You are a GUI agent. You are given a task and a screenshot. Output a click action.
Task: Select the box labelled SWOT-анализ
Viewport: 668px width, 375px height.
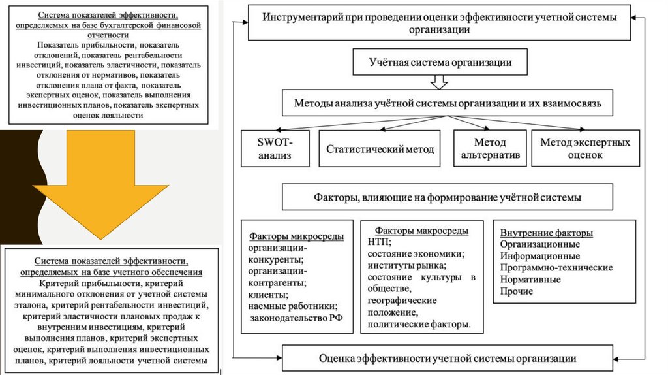(275, 148)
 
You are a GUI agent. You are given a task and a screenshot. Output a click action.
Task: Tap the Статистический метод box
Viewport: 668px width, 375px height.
(380, 148)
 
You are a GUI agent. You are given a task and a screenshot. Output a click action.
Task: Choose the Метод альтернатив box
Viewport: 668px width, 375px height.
(490, 148)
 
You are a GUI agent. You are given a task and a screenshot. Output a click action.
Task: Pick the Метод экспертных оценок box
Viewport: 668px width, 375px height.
(585, 148)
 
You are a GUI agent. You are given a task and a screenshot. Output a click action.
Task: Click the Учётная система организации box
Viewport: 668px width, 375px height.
(440, 62)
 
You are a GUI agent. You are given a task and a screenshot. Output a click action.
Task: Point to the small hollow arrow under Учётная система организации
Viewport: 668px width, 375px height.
(439, 82)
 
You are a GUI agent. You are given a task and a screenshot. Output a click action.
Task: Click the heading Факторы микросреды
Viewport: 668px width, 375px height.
(296, 236)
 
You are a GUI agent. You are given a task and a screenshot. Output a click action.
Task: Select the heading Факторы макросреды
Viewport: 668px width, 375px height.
(421, 231)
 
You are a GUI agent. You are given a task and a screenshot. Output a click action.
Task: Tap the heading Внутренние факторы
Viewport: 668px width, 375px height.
(546, 233)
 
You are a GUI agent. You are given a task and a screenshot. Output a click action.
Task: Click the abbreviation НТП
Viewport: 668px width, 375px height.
(378, 242)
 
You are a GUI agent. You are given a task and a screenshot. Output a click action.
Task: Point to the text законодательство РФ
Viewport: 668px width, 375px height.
(297, 318)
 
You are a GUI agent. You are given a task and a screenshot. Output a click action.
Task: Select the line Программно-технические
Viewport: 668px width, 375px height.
(556, 268)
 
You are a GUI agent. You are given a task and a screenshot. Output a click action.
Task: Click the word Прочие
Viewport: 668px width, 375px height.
(517, 291)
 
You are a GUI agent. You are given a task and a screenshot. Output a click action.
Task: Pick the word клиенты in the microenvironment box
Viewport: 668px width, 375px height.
(267, 295)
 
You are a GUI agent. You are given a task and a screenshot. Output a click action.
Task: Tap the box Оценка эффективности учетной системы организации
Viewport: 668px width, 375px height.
(448, 359)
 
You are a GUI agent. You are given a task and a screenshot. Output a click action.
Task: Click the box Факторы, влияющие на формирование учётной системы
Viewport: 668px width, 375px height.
(448, 197)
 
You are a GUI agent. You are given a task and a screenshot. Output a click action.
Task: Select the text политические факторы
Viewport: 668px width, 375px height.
(419, 324)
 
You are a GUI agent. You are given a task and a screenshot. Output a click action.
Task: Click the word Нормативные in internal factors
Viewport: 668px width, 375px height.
(530, 280)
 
